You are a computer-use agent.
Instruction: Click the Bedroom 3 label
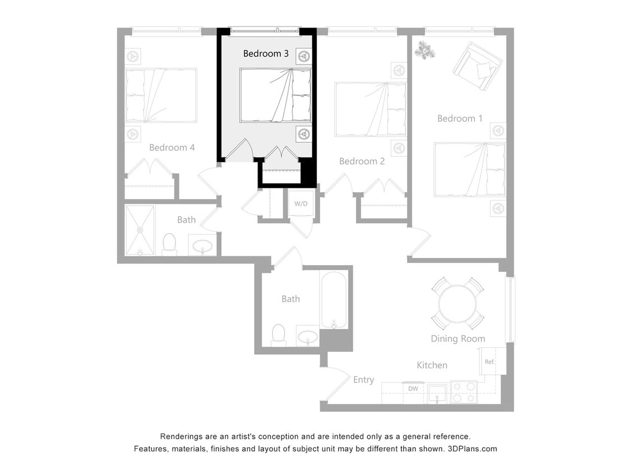click(x=266, y=54)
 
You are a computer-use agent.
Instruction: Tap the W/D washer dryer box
click(x=301, y=203)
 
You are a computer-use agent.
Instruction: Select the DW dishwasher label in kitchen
click(x=413, y=388)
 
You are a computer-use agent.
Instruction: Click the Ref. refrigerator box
click(x=490, y=361)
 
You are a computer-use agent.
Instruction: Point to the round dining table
click(x=457, y=304)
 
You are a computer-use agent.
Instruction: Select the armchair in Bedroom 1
click(x=477, y=66)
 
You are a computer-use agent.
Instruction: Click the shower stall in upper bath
click(x=140, y=230)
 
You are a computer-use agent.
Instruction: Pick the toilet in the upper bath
click(x=169, y=244)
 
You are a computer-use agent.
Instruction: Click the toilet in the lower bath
click(x=278, y=335)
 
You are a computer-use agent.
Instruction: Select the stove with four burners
click(x=463, y=392)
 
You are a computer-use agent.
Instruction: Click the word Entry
click(x=363, y=380)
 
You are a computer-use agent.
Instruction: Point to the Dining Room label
click(x=458, y=338)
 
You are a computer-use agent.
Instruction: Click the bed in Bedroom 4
click(x=160, y=95)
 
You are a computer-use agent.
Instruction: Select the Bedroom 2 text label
click(x=362, y=161)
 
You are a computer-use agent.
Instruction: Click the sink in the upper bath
click(x=202, y=245)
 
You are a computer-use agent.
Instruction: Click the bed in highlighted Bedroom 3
click(x=275, y=95)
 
